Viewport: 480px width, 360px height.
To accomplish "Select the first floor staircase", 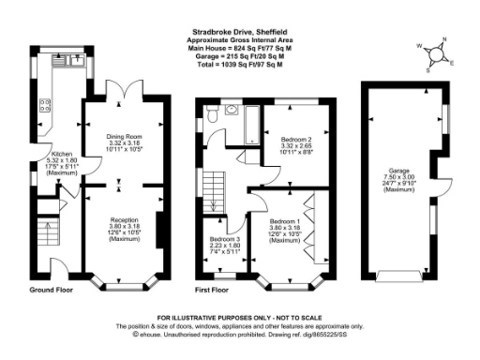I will [213, 187].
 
